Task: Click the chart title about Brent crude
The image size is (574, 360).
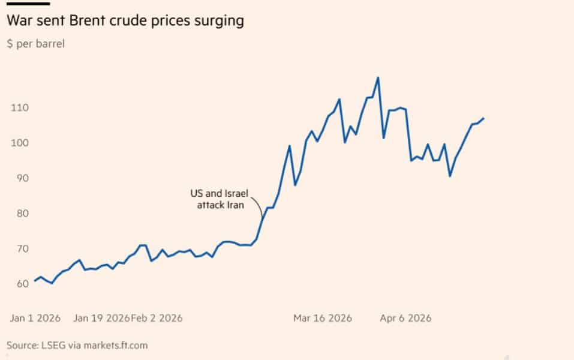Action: click(x=125, y=21)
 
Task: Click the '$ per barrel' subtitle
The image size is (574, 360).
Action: click(x=35, y=44)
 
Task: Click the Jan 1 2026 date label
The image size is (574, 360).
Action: click(x=34, y=318)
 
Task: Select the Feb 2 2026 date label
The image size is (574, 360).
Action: click(x=157, y=318)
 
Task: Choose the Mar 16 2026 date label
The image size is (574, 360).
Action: click(x=323, y=318)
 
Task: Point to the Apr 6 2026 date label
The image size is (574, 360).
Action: click(x=405, y=318)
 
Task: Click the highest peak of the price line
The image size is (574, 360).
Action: click(x=378, y=77)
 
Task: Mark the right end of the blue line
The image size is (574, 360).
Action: click(x=483, y=118)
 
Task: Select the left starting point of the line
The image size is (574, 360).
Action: click(x=35, y=281)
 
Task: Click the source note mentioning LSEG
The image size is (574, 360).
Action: click(x=77, y=345)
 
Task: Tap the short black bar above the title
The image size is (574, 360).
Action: click(x=28, y=4)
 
